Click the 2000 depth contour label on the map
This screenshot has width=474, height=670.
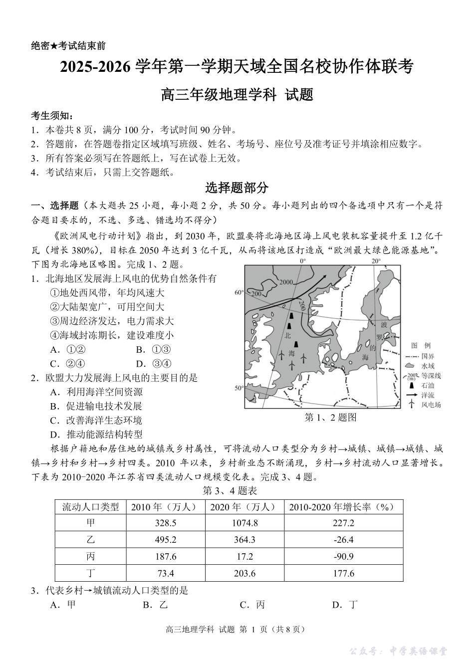[x=286, y=282]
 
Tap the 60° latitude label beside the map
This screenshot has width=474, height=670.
[x=238, y=293]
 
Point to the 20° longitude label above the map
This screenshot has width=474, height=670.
[x=376, y=261]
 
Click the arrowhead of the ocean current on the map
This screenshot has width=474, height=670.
[x=324, y=276]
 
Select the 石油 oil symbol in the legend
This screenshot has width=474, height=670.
[x=411, y=385]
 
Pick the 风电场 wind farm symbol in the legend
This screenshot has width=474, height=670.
[x=411, y=405]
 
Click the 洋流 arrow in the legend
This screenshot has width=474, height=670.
[x=411, y=395]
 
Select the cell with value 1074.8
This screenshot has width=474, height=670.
[x=244, y=523]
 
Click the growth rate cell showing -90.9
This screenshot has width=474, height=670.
[x=343, y=556]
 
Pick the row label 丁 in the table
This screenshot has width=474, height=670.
[x=90, y=573]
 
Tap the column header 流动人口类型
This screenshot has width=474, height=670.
[x=90, y=507]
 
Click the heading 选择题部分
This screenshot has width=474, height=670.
[x=237, y=188]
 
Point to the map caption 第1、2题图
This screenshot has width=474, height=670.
[x=330, y=418]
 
